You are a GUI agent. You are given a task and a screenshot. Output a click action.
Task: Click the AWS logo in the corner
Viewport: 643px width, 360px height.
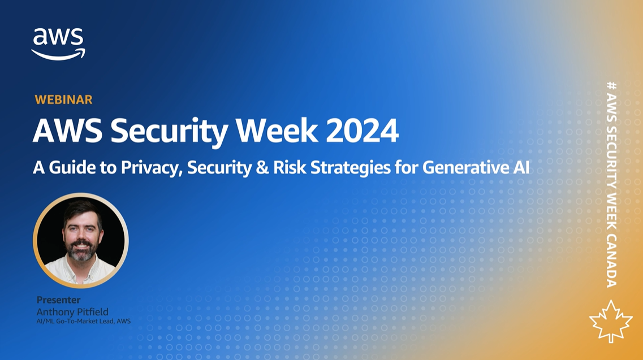[59, 44]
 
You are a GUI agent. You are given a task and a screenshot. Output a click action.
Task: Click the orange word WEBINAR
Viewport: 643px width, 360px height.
[63, 99]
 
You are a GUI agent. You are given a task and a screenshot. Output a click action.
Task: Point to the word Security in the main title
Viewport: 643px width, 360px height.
[169, 132]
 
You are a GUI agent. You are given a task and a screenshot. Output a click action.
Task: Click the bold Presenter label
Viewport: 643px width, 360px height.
[59, 300]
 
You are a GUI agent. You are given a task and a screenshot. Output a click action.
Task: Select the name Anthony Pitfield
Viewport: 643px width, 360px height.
[72, 311]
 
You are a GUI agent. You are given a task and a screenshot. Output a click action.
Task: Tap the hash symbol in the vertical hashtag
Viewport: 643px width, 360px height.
[611, 86]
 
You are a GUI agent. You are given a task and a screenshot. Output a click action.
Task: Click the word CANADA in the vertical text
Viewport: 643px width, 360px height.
[611, 261]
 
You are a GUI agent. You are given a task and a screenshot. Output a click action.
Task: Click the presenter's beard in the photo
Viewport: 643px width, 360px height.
[81, 250]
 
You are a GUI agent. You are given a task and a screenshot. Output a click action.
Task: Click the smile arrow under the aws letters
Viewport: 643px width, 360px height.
[59, 54]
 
